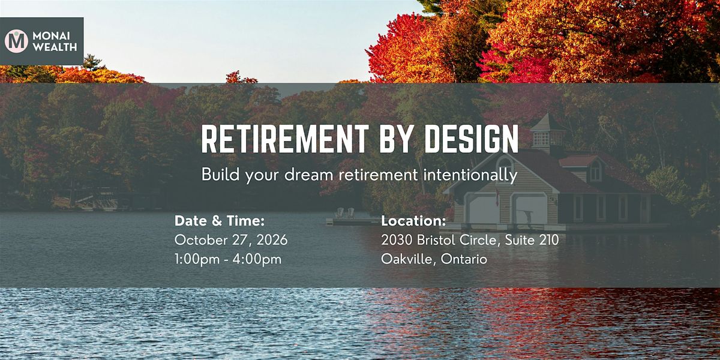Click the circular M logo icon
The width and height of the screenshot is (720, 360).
coord(16,41)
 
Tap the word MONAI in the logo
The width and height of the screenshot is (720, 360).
coord(51,36)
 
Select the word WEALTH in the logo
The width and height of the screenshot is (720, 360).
coord(55,47)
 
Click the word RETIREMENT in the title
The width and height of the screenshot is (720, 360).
coord(285,139)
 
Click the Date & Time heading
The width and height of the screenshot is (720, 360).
coord(220,221)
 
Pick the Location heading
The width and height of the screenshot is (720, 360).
coord(413,221)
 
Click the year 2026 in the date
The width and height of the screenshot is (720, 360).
coord(272,240)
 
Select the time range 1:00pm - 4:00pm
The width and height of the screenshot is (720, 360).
coord(228,259)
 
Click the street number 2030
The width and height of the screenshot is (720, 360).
coord(397,240)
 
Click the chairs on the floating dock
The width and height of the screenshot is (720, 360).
coord(344,212)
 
